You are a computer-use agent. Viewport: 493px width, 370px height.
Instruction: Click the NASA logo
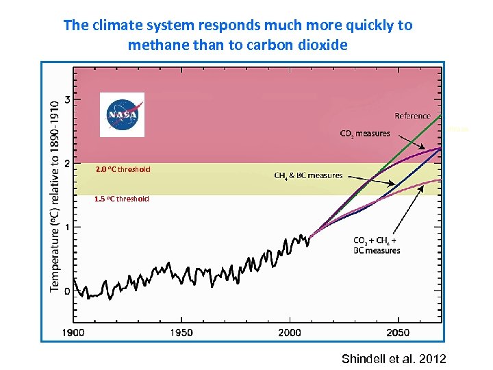pyautogui.click(x=122, y=114)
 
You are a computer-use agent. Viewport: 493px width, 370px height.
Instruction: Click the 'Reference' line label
pyautogui.click(x=412, y=116)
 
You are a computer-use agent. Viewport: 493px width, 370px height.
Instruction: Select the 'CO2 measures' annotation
pyautogui.click(x=365, y=134)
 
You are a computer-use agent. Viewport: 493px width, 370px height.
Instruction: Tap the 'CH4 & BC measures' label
pyautogui.click(x=308, y=175)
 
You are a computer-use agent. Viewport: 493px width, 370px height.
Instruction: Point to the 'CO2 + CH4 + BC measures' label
pyautogui.click(x=376, y=245)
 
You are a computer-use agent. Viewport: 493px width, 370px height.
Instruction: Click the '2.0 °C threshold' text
pyautogui.click(x=123, y=169)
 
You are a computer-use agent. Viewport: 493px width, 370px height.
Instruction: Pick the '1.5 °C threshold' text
pyautogui.click(x=121, y=199)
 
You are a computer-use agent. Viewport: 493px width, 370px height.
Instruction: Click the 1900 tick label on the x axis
pyautogui.click(x=73, y=332)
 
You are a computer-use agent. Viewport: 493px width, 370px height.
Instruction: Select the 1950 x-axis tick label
pyautogui.click(x=181, y=332)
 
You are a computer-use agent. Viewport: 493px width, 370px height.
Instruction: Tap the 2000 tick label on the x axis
pyautogui.click(x=290, y=332)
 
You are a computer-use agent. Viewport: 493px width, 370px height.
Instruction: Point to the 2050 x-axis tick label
pyautogui.click(x=398, y=332)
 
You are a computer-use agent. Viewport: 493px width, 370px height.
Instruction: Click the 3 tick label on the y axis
pyautogui.click(x=66, y=99)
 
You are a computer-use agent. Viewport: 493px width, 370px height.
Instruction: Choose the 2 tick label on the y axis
pyautogui.click(x=66, y=163)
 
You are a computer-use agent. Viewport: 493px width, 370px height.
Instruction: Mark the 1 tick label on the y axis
pyautogui.click(x=66, y=227)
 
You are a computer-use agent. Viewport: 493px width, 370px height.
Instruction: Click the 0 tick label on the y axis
pyautogui.click(x=66, y=291)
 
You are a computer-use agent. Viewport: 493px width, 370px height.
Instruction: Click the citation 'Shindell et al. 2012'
pyautogui.click(x=393, y=358)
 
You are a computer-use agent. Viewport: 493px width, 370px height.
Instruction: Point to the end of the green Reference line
pyautogui.click(x=439, y=115)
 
